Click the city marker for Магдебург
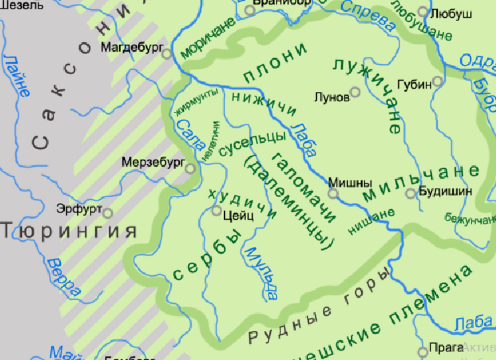click(167, 54)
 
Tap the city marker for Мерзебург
click(190, 168)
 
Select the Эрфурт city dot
click(108, 213)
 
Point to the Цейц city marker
click(216, 211)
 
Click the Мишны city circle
click(333, 194)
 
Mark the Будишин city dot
click(411, 193)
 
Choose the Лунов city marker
click(355, 92)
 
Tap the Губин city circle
click(437, 83)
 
